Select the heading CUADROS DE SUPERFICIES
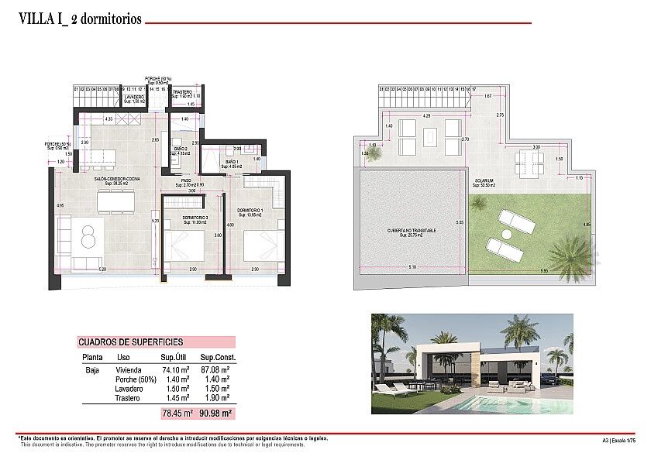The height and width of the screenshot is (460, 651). point(130,342)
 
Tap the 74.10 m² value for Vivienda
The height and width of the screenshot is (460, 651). point(176,370)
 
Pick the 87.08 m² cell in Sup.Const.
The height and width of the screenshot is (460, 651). point(215,370)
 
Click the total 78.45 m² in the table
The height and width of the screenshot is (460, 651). point(176,414)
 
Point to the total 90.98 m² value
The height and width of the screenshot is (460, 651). point(215,414)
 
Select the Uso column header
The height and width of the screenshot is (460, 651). point(123,358)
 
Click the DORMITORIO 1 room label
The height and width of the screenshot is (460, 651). point(250,211)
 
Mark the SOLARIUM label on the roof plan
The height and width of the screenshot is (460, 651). point(486,182)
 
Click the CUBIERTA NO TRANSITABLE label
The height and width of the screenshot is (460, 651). point(412,232)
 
